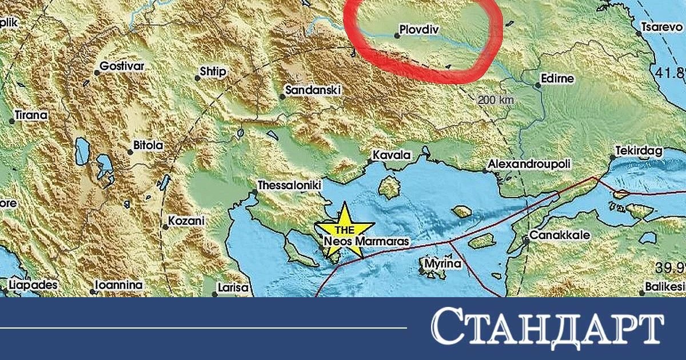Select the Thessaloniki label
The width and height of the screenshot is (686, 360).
tap(290, 186)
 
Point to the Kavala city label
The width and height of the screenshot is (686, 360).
tap(392, 155)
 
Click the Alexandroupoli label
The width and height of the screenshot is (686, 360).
tap(529, 165)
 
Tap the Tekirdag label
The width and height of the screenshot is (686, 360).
tap(639, 151)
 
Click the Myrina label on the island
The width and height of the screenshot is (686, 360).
tap(442, 264)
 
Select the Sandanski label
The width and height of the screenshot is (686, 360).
tap(313, 90)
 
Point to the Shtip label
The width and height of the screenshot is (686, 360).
tap(213, 72)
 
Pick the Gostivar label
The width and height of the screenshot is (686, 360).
tap(122, 66)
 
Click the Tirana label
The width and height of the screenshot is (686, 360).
tap(31, 115)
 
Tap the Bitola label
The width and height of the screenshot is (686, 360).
tap(147, 146)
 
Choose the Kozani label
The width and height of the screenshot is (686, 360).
tap(186, 221)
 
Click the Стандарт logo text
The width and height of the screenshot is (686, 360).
tap(547, 329)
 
